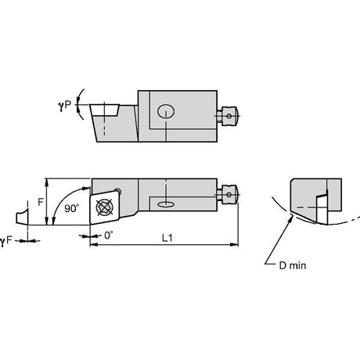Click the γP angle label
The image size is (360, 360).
[x=64, y=105]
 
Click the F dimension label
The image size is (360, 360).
[x=41, y=202]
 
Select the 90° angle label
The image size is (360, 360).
[x=71, y=208]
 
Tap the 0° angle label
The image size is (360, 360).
[x=109, y=236]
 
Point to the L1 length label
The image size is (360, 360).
[x=167, y=238]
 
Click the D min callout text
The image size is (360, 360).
[x=293, y=266]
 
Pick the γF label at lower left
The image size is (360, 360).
[x=6, y=241]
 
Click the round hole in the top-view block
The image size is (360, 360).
[x=166, y=111]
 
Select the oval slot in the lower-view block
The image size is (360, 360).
[x=166, y=204]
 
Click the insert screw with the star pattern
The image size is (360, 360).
[x=105, y=207]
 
